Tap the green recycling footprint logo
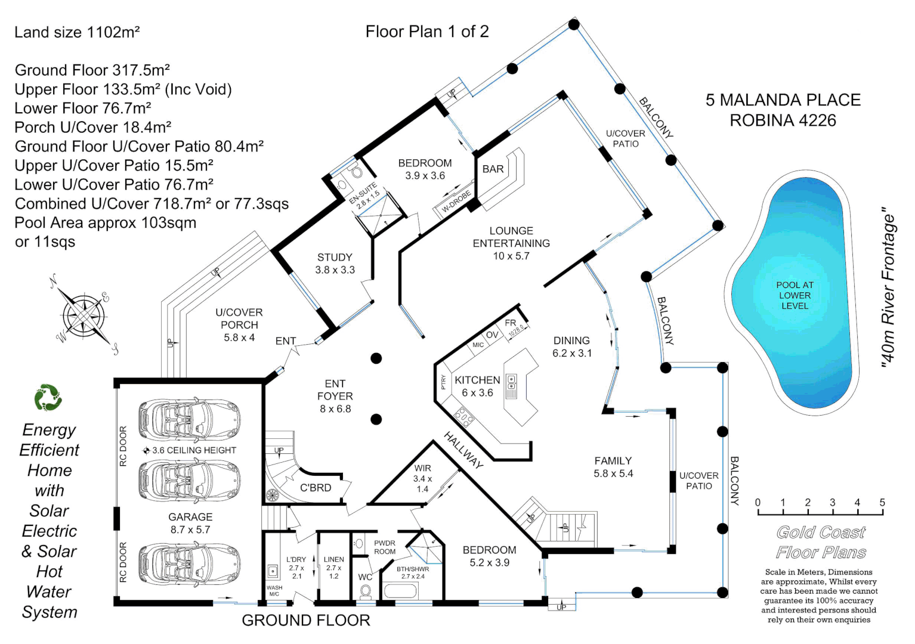(x=48, y=398)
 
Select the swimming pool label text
(x=795, y=295)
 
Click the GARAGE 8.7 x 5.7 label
(x=190, y=523)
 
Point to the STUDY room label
(x=335, y=264)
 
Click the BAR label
(x=493, y=169)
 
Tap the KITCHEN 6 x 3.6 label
(x=477, y=386)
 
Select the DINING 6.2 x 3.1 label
(x=571, y=346)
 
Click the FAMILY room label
(x=613, y=467)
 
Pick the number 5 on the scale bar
(x=882, y=502)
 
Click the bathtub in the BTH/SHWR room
(x=401, y=592)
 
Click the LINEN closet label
(x=333, y=567)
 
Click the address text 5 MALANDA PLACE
(x=783, y=100)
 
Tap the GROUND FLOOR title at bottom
(x=305, y=621)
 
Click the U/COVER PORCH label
(x=239, y=324)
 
